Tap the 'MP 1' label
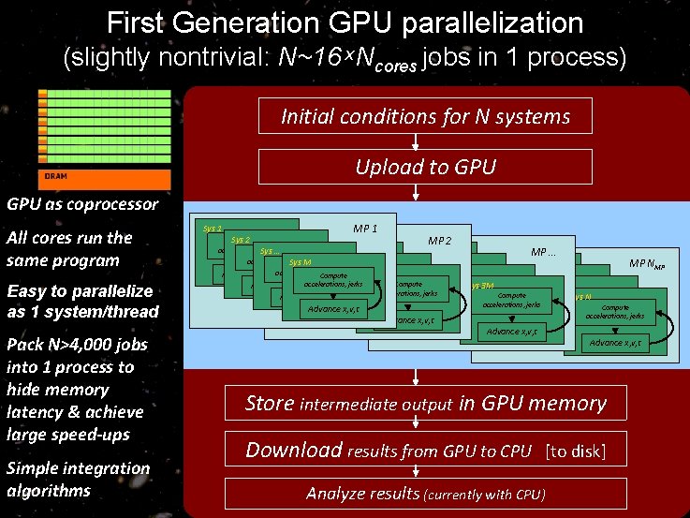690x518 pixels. pos(365,229)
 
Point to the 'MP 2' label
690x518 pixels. pos(440,241)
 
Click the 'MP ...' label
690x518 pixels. pos(544,252)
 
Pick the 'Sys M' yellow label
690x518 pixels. pos(301,262)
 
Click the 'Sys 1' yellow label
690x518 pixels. pos(213,229)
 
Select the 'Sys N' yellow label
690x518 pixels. pos(582,296)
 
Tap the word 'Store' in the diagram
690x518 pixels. pos(269,404)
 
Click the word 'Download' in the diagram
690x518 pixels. pos(293,451)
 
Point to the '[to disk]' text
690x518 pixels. pos(575,451)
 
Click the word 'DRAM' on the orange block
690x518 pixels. pos(55,176)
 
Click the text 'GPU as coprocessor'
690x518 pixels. pos(69,203)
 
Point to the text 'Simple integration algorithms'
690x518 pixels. pos(77,479)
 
